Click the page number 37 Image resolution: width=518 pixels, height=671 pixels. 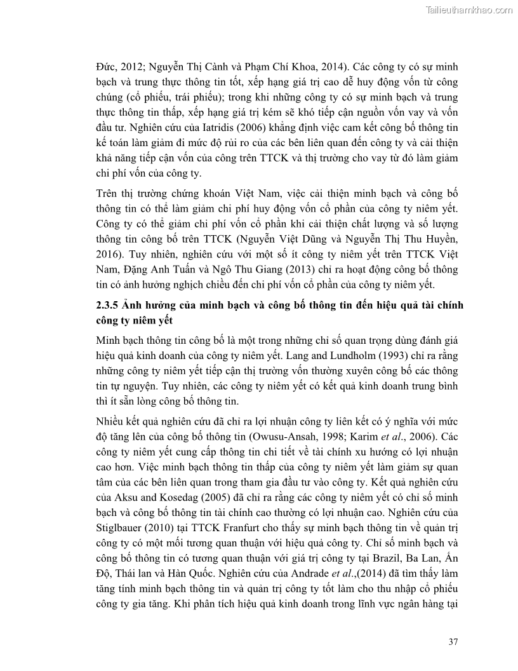pyautogui.click(x=453, y=641)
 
